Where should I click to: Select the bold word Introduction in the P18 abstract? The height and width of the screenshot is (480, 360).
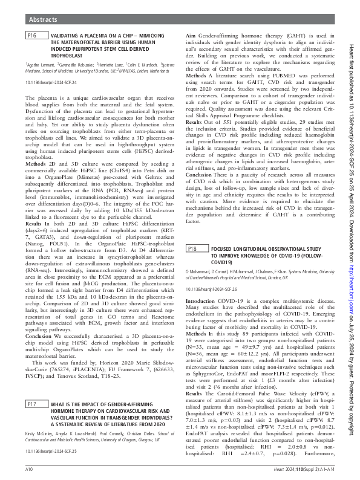pyautogui.click(x=200, y=301)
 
